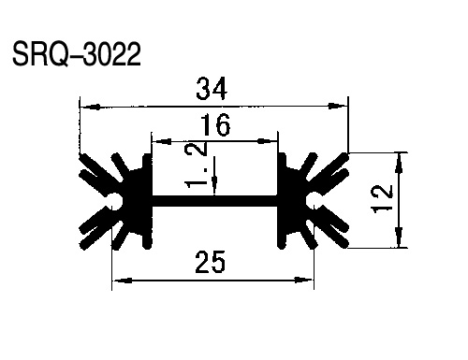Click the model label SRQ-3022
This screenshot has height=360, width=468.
(x=77, y=54)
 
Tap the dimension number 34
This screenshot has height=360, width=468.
(x=212, y=89)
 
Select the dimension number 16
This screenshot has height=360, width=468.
(x=215, y=124)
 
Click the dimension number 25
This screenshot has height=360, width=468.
(x=210, y=262)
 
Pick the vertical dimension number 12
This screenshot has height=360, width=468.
(x=383, y=199)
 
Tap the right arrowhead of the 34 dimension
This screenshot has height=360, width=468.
(x=338, y=106)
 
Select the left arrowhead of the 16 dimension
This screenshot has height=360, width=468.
(x=162, y=141)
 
